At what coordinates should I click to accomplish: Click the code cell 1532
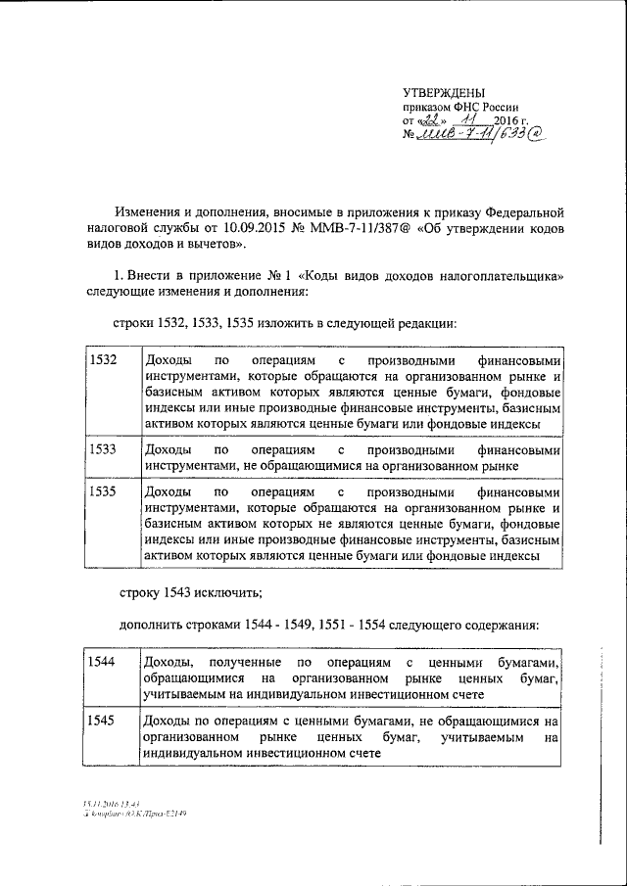click(103, 360)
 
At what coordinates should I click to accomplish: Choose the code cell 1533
click(103, 450)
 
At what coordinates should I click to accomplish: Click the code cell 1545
click(103, 722)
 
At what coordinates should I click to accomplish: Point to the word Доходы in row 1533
click(167, 450)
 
